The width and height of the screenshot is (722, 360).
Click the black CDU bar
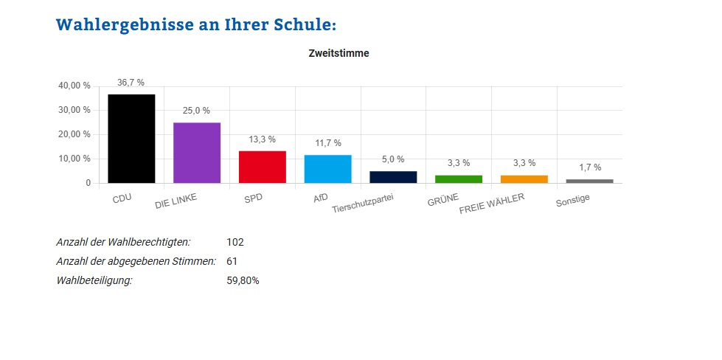131,139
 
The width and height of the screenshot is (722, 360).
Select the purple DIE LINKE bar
197,153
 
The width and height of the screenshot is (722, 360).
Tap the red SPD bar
262,167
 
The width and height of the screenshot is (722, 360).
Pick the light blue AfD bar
327,169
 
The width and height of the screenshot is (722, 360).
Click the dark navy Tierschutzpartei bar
393,177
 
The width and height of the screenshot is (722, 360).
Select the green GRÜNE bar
459,179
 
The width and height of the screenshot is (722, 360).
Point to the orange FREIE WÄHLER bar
524,179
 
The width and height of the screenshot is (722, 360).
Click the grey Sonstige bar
589,181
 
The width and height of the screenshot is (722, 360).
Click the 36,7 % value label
131,83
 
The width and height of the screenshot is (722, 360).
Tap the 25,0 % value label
197,111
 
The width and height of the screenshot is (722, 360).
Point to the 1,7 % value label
589,167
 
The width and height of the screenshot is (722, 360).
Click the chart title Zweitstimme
339,54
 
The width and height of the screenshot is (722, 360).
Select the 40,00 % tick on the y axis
74,86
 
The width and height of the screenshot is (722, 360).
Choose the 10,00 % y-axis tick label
74,159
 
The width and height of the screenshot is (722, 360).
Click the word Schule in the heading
303,24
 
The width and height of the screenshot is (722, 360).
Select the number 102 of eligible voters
235,242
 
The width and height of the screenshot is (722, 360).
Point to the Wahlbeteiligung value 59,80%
243,280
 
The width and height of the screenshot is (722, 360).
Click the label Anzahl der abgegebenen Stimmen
136,261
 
